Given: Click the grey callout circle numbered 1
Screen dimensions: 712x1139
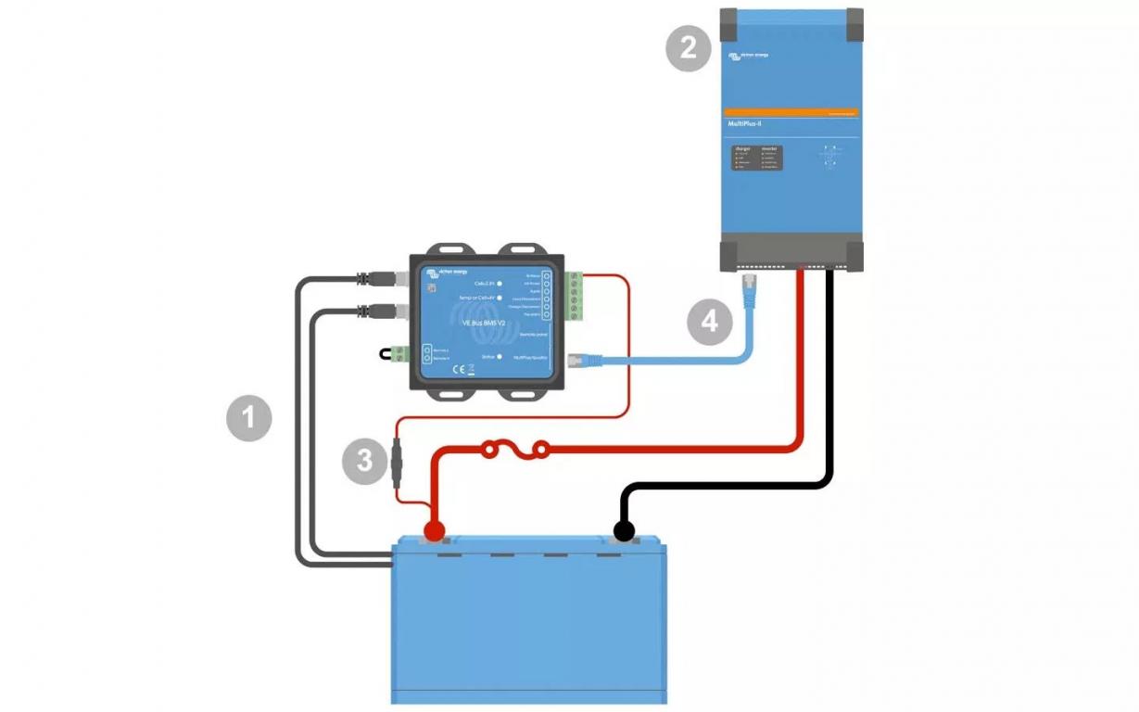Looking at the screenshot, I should click(249, 418).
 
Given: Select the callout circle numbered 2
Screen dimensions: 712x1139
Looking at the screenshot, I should click(689, 47).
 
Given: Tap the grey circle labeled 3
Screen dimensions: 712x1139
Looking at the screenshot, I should click(364, 461).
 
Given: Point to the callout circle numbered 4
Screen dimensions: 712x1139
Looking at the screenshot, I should click(709, 322).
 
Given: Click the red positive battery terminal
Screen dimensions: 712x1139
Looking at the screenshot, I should click(433, 531).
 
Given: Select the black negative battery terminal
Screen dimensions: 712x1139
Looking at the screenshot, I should click(623, 531).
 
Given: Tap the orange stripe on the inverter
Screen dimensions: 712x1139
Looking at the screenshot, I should click(791, 112).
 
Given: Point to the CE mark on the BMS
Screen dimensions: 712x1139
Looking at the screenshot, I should click(456, 369).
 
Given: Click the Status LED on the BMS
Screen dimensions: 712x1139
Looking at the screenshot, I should click(499, 356).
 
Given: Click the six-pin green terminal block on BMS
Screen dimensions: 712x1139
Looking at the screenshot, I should click(574, 295).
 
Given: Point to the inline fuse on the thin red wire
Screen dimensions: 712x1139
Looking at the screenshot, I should click(398, 462).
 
